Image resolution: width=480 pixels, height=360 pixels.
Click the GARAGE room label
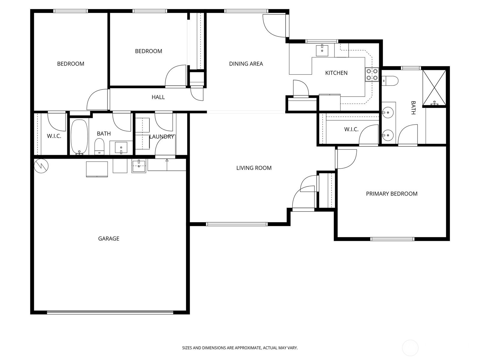click(109, 238)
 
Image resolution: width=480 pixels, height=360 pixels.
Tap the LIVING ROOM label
click(254, 168)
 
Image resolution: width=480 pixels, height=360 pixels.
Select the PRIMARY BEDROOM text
click(392, 194)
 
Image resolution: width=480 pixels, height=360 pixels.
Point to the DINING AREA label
click(246, 64)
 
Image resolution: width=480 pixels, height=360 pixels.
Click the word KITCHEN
click(336, 73)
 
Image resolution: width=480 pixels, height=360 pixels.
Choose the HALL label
click(158, 97)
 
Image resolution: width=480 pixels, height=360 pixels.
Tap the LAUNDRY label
click(162, 136)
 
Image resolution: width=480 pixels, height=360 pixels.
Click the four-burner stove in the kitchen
click(372, 74)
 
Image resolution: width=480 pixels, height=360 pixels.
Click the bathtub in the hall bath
click(79, 137)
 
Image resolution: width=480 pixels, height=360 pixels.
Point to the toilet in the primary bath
click(390, 80)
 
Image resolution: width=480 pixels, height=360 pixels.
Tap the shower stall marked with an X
click(434, 88)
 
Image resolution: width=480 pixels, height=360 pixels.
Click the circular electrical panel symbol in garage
click(41, 166)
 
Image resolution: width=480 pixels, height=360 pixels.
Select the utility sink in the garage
click(139, 166)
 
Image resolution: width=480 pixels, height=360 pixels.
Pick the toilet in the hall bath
click(100, 147)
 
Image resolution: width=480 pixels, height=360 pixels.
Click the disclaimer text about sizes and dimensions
click(240, 347)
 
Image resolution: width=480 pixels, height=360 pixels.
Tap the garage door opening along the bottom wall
click(110, 313)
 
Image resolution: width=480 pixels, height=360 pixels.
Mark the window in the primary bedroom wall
click(392, 239)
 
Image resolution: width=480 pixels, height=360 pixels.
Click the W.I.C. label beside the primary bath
click(351, 129)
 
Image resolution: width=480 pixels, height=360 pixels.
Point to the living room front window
click(237, 224)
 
